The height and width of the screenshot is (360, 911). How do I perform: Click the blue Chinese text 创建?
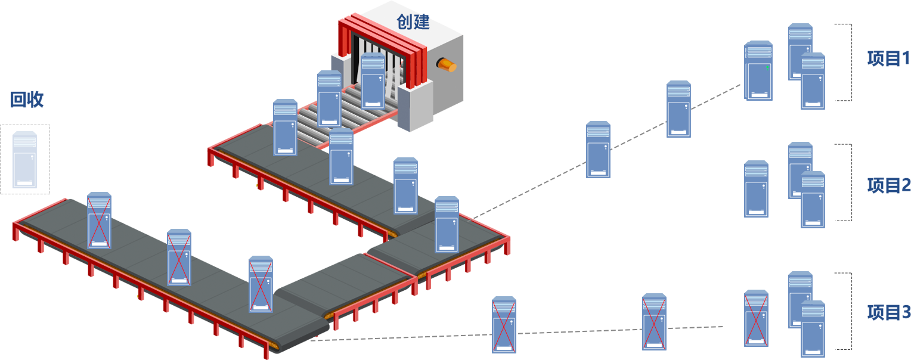tap(413, 22)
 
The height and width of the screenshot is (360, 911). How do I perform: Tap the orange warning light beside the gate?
tap(446, 64)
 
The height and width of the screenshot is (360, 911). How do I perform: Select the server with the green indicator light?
tap(759, 72)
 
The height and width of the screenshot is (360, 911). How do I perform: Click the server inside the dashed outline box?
tap(25, 160)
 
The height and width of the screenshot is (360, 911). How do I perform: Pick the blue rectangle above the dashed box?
tap(27, 99)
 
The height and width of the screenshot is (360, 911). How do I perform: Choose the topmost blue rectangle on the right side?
tap(888, 58)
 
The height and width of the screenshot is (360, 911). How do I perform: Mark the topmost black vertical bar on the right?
tap(843, 62)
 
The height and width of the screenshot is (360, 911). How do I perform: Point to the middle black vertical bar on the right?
tap(843, 182)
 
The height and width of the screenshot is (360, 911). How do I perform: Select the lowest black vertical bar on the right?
tap(843, 311)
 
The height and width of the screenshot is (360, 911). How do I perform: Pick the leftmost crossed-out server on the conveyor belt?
tap(99, 220)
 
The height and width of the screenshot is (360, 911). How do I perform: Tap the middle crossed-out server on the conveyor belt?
tap(179, 257)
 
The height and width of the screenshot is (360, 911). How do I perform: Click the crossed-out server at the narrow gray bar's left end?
tap(504, 325)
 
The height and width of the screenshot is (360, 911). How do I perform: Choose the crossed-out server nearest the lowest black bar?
tap(756, 318)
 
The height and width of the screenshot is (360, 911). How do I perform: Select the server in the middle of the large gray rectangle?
tap(598, 150)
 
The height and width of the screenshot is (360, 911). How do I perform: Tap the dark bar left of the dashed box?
tap(5, 160)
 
